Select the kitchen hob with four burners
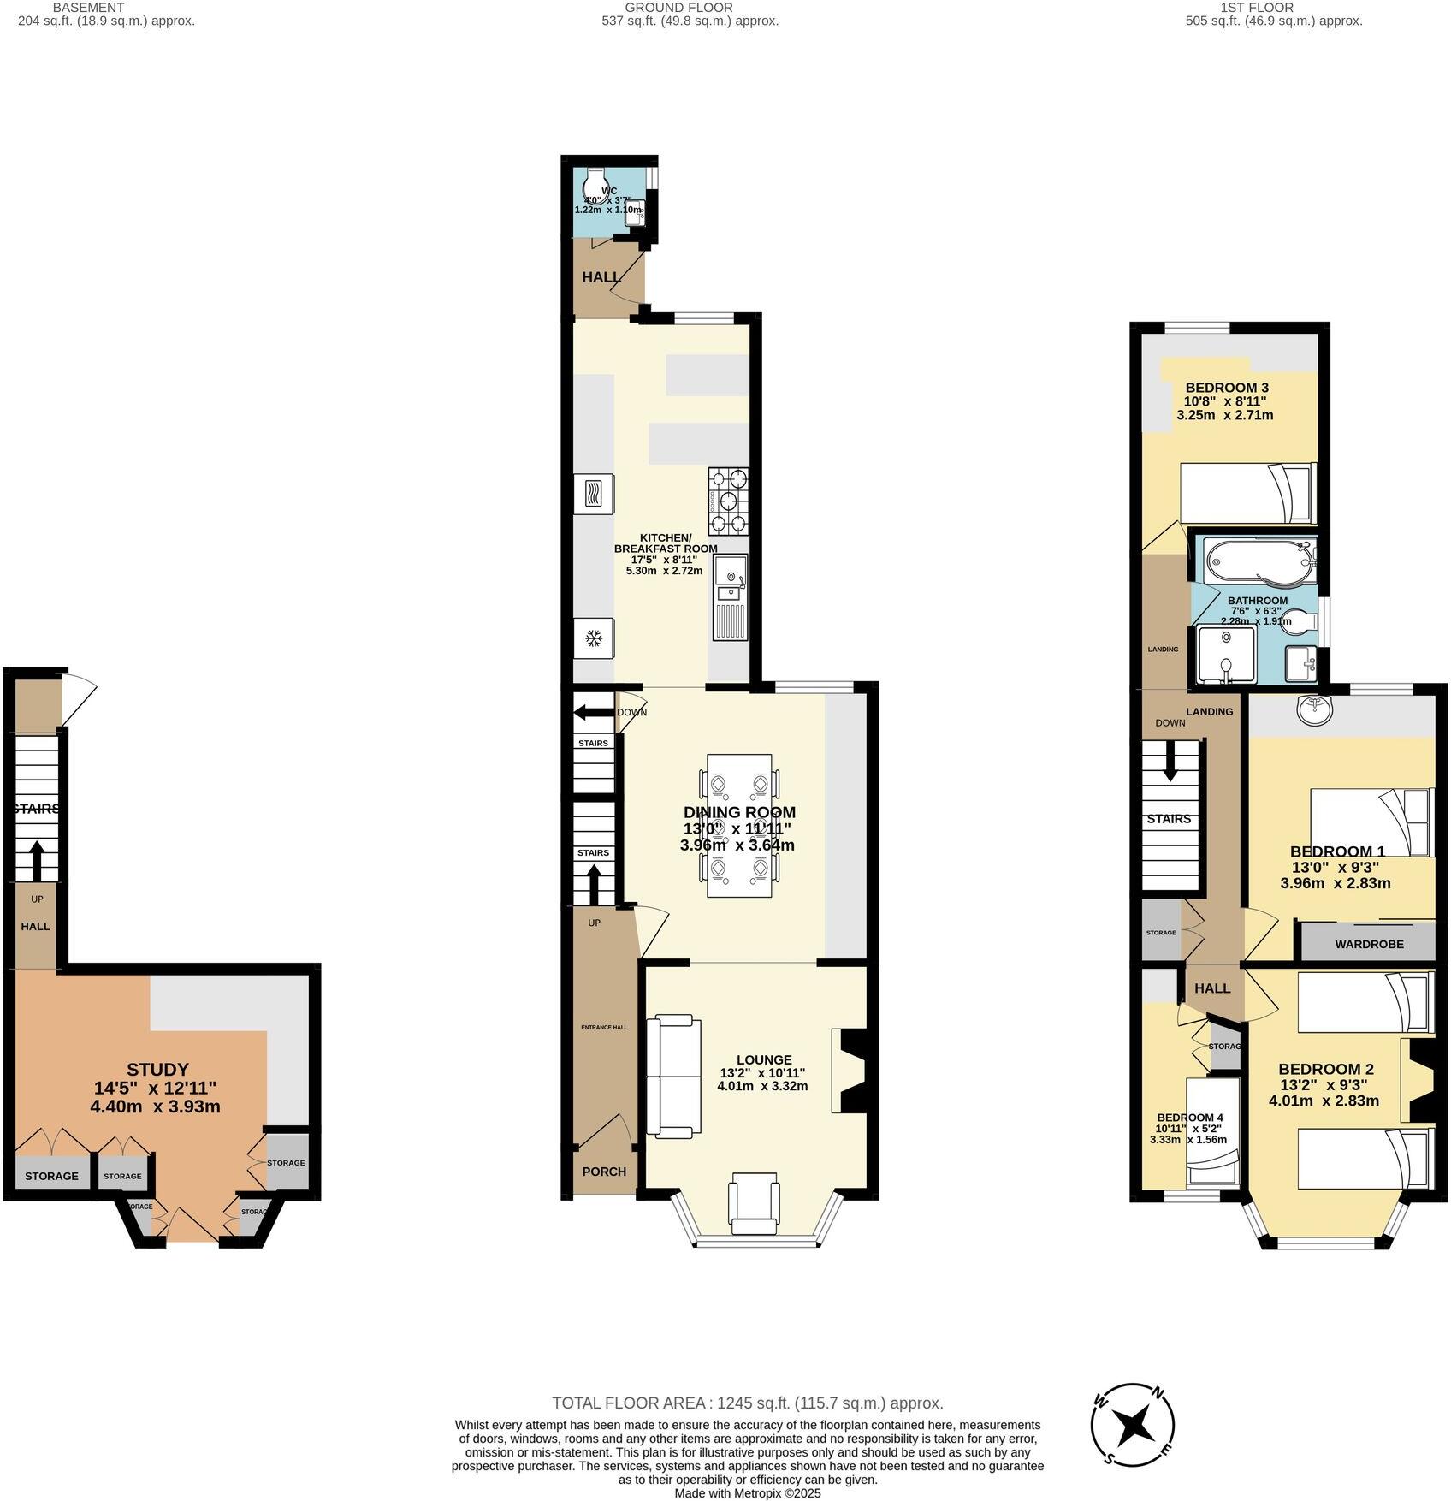[728, 501]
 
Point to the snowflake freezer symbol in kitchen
[593, 638]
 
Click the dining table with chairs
[740, 825]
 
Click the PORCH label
[604, 1172]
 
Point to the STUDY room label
[157, 1070]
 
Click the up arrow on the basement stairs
[37, 859]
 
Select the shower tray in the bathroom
[1228, 655]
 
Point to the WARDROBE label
[1369, 945]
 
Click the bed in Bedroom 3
[1247, 493]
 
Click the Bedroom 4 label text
[1189, 1118]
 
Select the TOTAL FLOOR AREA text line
[747, 1403]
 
